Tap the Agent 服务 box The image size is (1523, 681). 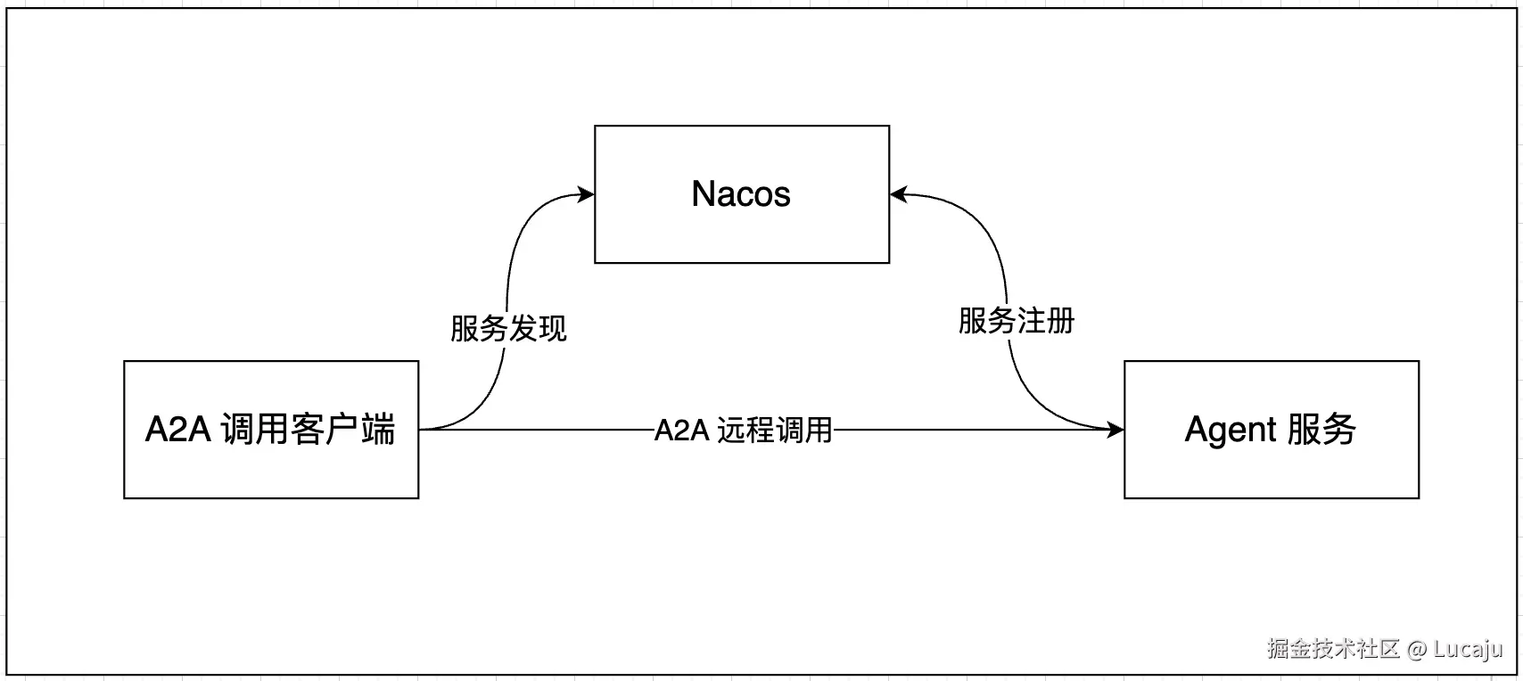coord(1271,468)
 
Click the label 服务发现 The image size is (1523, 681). coord(508,328)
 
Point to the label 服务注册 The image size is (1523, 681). coord(1017,321)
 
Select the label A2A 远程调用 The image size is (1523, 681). coord(743,431)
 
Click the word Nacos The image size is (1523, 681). coord(741,194)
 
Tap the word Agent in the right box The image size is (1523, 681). coord(1231,431)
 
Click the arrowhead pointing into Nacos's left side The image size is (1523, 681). coord(587,194)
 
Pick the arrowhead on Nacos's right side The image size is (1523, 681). coord(898,194)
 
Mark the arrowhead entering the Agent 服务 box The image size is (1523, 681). coord(1115,431)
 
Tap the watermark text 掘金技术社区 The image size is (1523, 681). coord(1333,649)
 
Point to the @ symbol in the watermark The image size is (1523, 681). coord(1417,649)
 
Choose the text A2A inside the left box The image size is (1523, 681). coord(178,431)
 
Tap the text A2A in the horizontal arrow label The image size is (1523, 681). coord(681,431)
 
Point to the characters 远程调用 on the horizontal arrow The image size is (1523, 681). coord(774,431)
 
